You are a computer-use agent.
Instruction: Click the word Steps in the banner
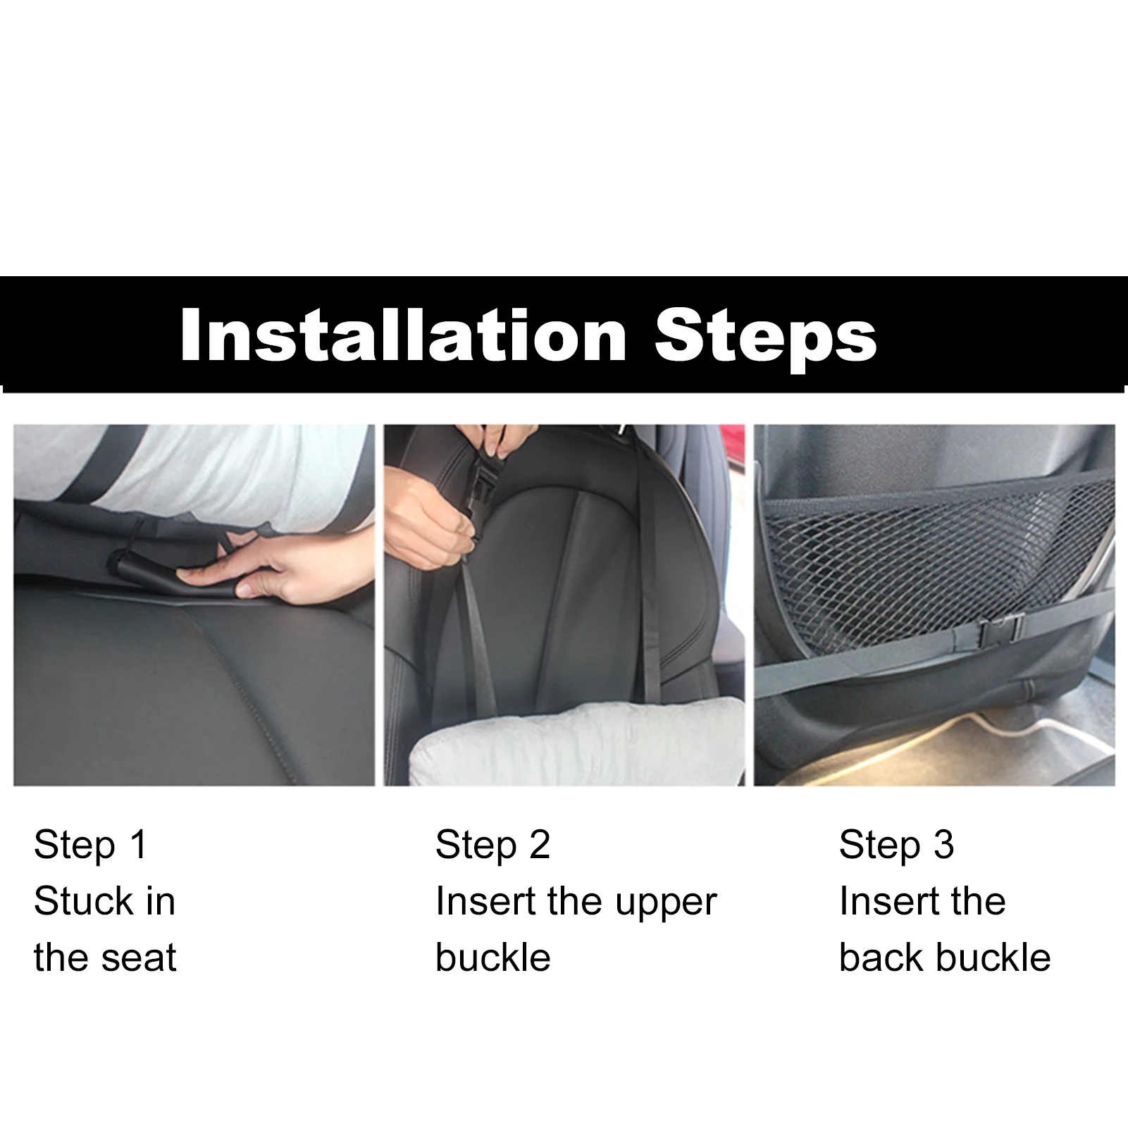coord(765,337)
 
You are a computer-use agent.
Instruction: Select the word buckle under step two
coord(492,958)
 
